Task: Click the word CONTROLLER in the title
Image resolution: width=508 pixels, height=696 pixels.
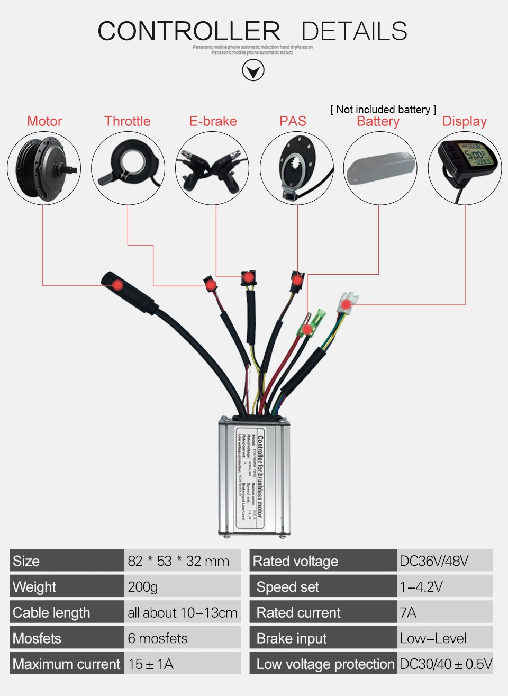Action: (x=189, y=31)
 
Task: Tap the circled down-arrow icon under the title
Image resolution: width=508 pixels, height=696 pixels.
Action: (x=253, y=70)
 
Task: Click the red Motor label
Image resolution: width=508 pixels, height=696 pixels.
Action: (x=44, y=121)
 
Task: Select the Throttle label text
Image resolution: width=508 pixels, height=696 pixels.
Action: (x=127, y=121)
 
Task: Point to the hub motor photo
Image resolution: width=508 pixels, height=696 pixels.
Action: (x=44, y=168)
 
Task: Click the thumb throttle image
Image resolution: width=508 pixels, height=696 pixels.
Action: (x=128, y=168)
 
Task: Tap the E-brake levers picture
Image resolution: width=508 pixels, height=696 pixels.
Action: (x=212, y=168)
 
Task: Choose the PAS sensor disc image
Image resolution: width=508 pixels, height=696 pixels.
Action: (x=297, y=168)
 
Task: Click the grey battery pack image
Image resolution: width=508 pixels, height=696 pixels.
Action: (x=380, y=168)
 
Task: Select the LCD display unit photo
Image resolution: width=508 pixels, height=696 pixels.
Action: (x=465, y=168)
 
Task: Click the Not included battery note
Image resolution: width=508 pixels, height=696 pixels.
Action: (x=383, y=110)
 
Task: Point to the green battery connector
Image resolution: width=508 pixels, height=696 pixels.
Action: (x=311, y=324)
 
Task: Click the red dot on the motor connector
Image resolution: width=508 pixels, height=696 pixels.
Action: (x=117, y=285)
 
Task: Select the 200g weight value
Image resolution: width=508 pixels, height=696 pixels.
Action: (x=143, y=587)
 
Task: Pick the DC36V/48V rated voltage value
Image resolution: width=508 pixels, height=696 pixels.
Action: (x=434, y=561)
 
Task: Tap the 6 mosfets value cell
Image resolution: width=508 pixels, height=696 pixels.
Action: (x=158, y=638)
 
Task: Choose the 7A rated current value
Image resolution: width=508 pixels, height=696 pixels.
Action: (x=408, y=612)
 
